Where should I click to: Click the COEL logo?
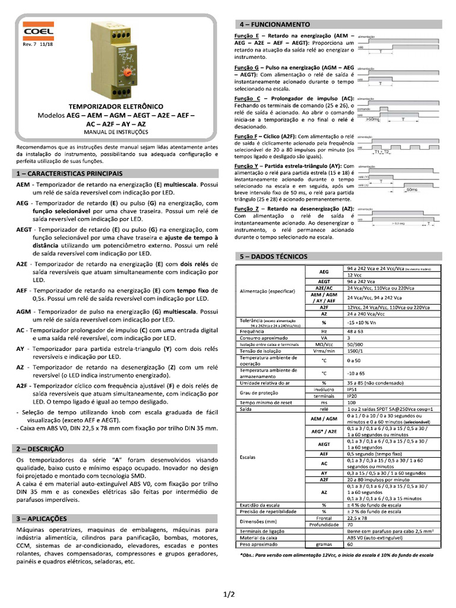pyautogui.click(x=39, y=31)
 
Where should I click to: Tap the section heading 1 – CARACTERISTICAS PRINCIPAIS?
pyautogui.click(x=69, y=173)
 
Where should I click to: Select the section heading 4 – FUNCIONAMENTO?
pyautogui.click(x=274, y=24)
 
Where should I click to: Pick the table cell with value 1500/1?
pyautogui.click(x=356, y=351)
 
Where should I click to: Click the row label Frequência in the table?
pyautogui.click(x=252, y=331)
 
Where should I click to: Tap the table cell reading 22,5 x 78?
pyautogui.click(x=356, y=517)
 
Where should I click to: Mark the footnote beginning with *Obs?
pyautogui.click(x=335, y=555)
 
